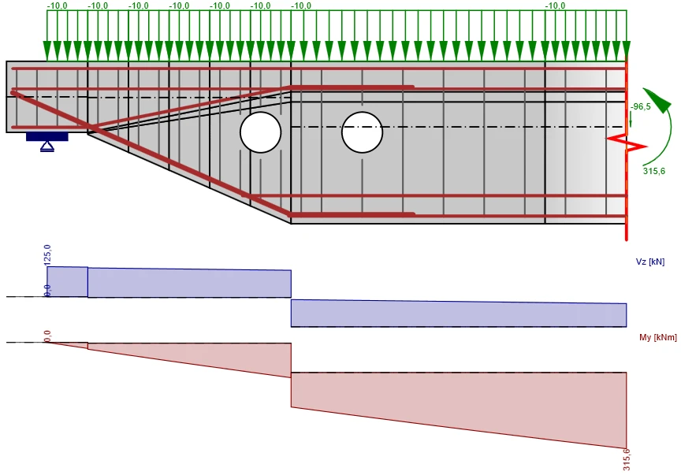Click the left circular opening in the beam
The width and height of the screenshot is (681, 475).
point(261,132)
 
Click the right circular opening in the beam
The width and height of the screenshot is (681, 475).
point(363,132)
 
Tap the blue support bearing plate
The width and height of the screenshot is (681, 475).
point(47,137)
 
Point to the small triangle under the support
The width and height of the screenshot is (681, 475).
point(47,147)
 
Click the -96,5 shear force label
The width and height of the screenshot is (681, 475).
point(641,107)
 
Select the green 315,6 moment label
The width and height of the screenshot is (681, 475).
point(654,171)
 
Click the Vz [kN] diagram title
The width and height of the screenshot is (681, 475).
point(650,262)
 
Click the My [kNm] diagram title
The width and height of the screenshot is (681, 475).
point(658,337)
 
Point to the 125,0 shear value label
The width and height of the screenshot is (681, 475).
point(47,255)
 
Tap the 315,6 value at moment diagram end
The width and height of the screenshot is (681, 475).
point(627,460)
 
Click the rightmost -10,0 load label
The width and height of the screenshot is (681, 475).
point(556,6)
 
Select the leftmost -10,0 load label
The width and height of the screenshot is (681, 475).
point(58,6)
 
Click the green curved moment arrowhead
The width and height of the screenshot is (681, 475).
point(657,100)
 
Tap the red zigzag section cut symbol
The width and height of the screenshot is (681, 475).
point(627,143)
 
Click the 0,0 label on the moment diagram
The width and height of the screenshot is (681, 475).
point(47,336)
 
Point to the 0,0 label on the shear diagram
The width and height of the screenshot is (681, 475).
point(47,291)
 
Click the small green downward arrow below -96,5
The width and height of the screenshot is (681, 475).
point(631,120)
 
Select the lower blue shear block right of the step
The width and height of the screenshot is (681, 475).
point(459,313)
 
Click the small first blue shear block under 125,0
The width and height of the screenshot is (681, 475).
point(67,282)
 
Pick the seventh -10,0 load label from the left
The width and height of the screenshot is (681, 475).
point(301,6)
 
